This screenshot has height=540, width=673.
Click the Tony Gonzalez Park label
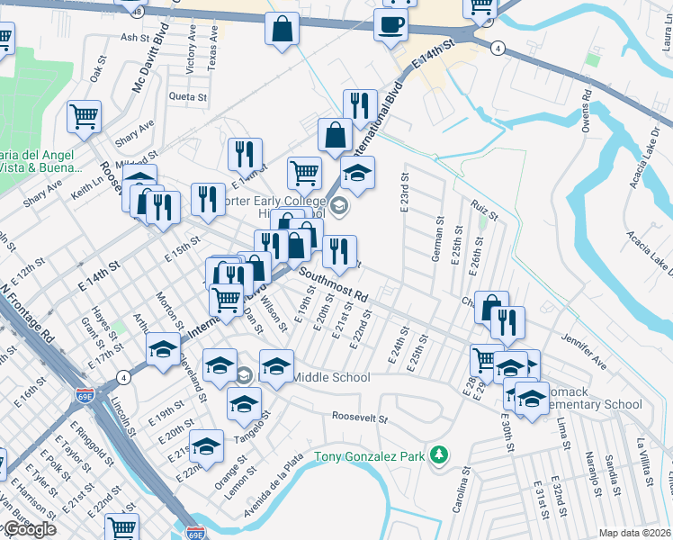(369, 456)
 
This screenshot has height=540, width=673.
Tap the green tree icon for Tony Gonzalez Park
(438, 454)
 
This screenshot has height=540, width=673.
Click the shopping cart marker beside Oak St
(84, 115)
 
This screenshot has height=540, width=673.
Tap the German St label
(439, 238)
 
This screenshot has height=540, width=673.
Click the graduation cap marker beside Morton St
(163, 350)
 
